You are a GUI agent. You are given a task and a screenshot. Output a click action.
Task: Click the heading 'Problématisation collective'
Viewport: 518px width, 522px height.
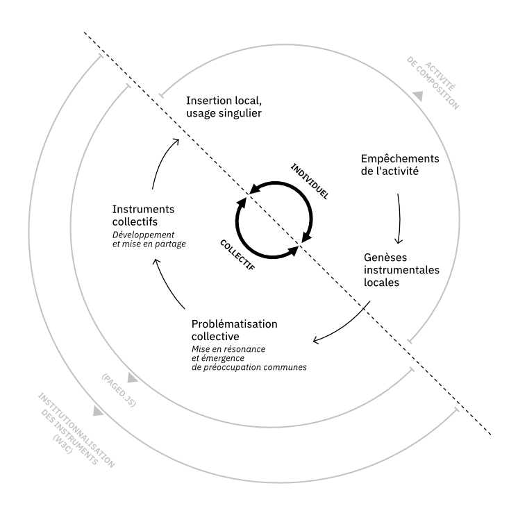(x=233, y=330)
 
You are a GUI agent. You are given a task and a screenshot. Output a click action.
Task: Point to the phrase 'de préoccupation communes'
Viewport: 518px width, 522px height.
(x=248, y=366)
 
